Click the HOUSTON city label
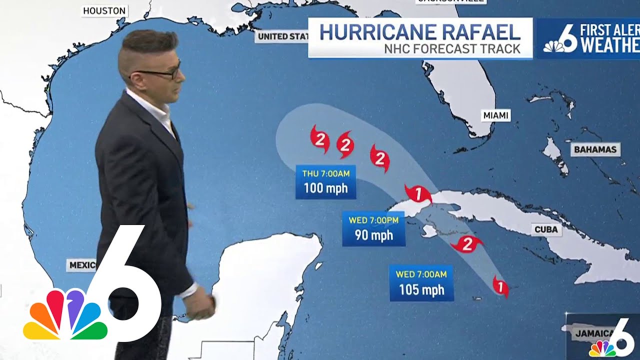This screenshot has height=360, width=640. tap(104, 11)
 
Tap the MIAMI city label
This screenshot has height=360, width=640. tap(496, 115)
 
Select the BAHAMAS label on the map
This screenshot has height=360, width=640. tap(595, 149)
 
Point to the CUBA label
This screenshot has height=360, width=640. tap(546, 230)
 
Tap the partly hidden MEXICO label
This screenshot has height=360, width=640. tap(81, 265)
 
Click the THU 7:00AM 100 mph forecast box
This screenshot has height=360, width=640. tap(325, 182)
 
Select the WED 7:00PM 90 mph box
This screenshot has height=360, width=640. tap(373, 228)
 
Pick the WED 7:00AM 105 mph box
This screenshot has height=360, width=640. tap(421, 283)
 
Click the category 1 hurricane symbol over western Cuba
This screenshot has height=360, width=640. tap(418, 193)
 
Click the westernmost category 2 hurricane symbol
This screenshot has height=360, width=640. tap(320, 138)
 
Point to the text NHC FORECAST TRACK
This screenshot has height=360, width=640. tap(452, 49)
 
